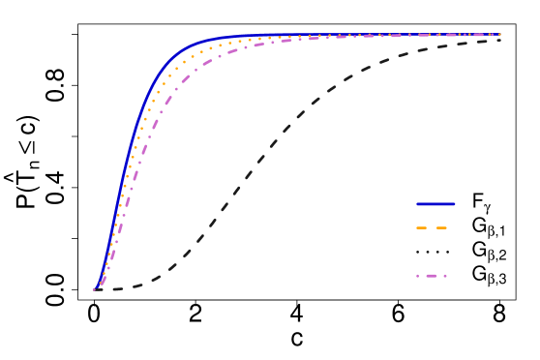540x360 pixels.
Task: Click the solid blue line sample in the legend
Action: coord(435,204)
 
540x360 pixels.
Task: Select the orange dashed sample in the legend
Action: coord(432,228)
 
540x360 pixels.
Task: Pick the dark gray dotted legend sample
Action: coord(433,252)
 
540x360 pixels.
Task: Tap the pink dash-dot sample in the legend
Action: coord(433,276)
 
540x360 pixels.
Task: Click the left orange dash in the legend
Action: coord(422,228)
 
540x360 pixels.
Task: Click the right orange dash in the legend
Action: coord(442,228)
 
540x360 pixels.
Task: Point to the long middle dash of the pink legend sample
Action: coord(432,276)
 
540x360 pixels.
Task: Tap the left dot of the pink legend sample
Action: coord(418,276)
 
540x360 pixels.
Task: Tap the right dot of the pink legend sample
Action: coord(445,276)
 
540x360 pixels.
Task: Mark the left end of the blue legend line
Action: coord(417,204)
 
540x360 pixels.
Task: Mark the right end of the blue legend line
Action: coord(454,204)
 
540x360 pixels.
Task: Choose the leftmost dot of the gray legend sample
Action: coord(418,252)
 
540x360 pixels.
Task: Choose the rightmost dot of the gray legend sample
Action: coord(447,252)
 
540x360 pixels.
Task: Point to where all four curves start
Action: coord(95,288)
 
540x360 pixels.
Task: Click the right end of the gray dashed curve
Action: coord(499,41)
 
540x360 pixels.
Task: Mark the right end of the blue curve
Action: coord(499,35)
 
